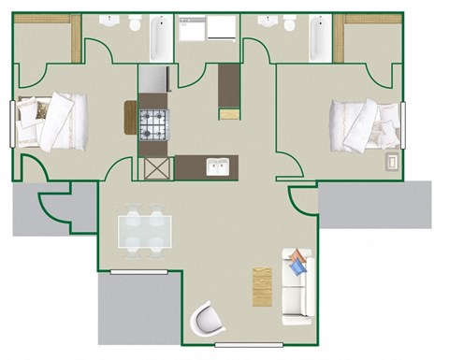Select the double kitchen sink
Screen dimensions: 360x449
click(219, 168)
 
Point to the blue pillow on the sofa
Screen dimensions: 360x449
click(297, 266)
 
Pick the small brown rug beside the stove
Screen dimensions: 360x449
click(129, 118)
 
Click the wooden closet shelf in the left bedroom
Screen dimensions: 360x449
click(76, 40)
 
